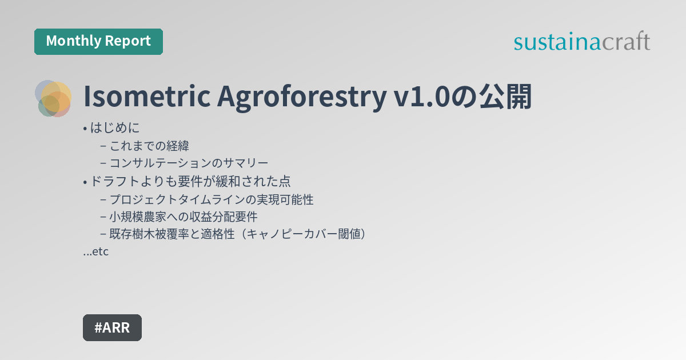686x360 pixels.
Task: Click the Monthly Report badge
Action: (x=98, y=42)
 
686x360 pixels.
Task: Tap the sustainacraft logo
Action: (x=581, y=42)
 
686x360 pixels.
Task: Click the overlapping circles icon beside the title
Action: (x=53, y=98)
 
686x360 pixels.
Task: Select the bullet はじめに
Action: (x=115, y=128)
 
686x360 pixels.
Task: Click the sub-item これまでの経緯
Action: (x=149, y=146)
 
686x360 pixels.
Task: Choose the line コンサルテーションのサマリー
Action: (x=189, y=163)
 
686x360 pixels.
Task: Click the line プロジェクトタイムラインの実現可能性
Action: (x=212, y=200)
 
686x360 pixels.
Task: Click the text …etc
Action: (x=96, y=251)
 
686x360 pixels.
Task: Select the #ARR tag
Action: (x=112, y=327)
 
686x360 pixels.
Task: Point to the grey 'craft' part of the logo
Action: (x=627, y=42)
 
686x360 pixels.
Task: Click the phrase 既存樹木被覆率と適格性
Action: (x=171, y=234)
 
